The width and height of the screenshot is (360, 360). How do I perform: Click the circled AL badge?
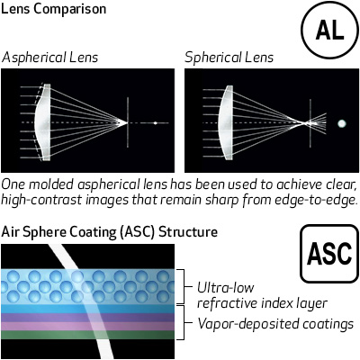pyautogui.click(x=329, y=30)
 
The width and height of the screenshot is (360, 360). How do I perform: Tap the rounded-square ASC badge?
pyautogui.click(x=329, y=254)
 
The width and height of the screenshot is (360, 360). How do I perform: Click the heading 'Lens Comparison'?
pyautogui.click(x=54, y=9)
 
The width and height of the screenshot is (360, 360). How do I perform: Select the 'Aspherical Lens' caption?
pyautogui.click(x=49, y=58)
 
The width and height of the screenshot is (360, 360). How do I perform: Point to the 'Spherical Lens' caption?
pyautogui.click(x=229, y=58)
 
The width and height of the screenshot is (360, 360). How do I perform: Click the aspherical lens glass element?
pyautogui.click(x=42, y=122)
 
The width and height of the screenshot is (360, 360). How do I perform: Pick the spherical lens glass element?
pyautogui.click(x=226, y=122)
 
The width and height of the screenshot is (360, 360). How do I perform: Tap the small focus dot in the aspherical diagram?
pyautogui.click(x=155, y=123)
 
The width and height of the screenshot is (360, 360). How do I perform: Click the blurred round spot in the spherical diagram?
pyautogui.click(x=342, y=123)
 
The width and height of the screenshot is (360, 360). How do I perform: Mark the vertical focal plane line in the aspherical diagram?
pyautogui.click(x=128, y=122)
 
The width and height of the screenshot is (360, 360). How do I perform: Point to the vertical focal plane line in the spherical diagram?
pyautogui.click(x=310, y=123)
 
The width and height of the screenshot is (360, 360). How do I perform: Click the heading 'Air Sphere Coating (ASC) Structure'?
pyautogui.click(x=110, y=232)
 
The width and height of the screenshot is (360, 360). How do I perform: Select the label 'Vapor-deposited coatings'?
pyautogui.click(x=275, y=324)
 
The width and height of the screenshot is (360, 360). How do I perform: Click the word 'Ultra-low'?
pyautogui.click(x=226, y=287)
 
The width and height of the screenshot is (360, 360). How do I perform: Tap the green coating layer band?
pyautogui.click(x=88, y=335)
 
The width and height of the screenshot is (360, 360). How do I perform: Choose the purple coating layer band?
pyautogui.click(x=88, y=318)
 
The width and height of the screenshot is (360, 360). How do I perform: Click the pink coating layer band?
pyautogui.click(x=88, y=327)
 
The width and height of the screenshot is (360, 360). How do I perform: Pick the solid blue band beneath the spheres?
pyautogui.click(x=88, y=310)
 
